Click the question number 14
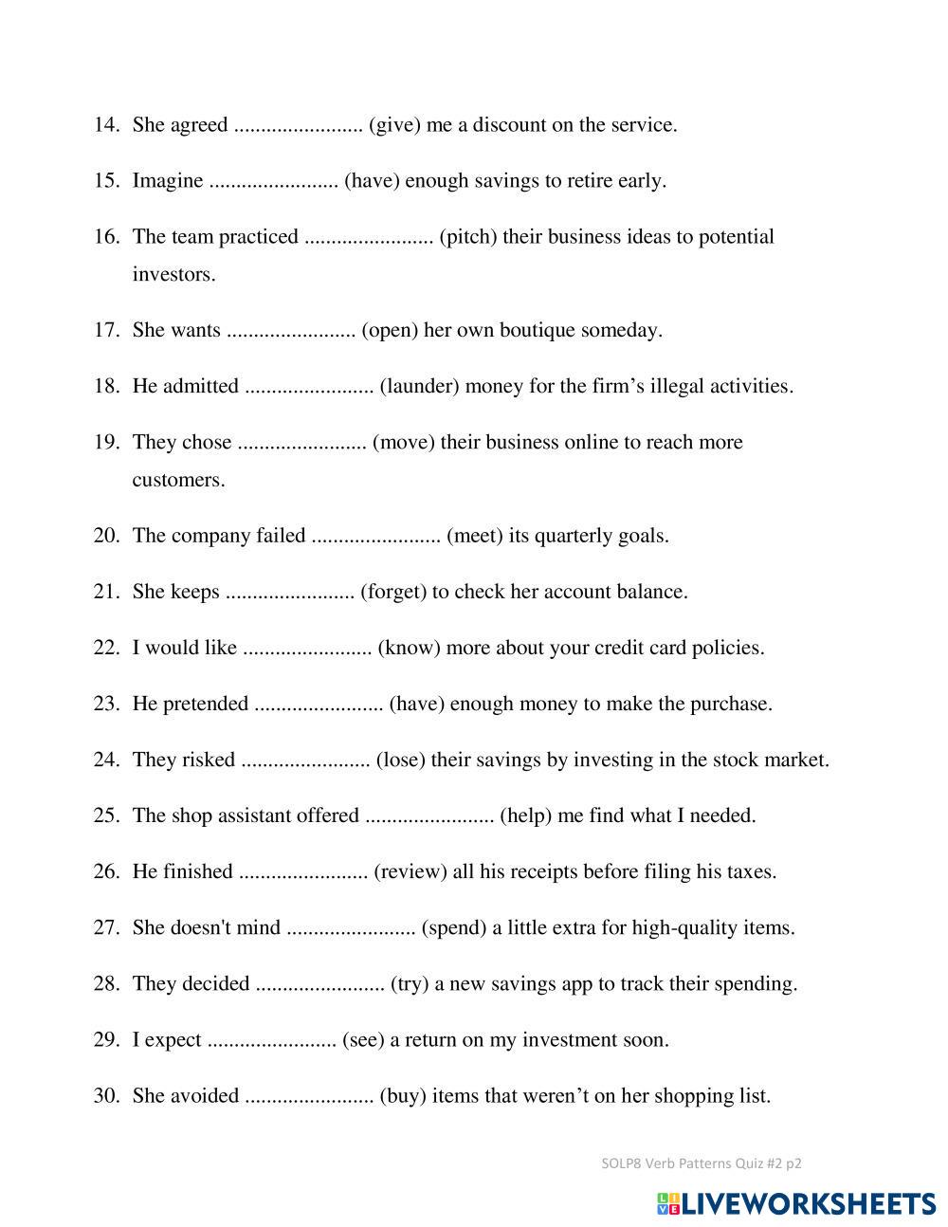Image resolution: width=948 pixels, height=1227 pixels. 106,125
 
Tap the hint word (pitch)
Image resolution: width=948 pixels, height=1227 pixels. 468,237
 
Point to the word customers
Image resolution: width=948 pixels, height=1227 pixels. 179,480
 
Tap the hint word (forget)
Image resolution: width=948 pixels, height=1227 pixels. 393,593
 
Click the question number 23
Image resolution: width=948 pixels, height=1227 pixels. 106,705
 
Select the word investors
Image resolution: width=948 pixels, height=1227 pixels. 174,275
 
